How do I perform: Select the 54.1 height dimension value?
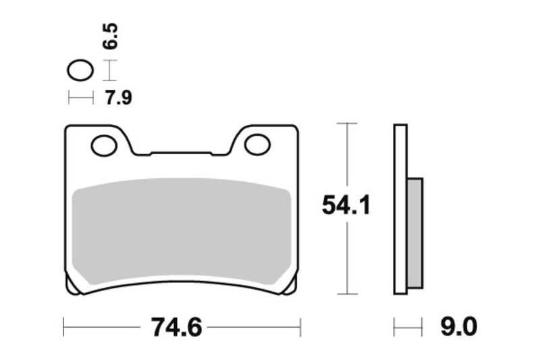[x=346, y=206]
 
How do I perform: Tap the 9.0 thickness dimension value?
[x=458, y=328]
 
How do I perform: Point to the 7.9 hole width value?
[x=118, y=99]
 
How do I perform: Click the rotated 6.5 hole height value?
[x=110, y=35]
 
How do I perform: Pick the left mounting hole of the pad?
[x=103, y=145]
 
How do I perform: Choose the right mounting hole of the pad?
[x=257, y=144]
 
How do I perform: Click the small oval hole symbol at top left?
[x=80, y=70]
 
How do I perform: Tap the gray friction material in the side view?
[x=415, y=232]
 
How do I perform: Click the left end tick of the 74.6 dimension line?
[x=63, y=328]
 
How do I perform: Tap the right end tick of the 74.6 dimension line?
[x=300, y=328]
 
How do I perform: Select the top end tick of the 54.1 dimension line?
[x=346, y=124]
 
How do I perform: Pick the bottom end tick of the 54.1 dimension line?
[x=346, y=294]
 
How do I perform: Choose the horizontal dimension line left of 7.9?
[x=80, y=99]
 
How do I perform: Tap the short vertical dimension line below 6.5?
[x=109, y=70]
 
